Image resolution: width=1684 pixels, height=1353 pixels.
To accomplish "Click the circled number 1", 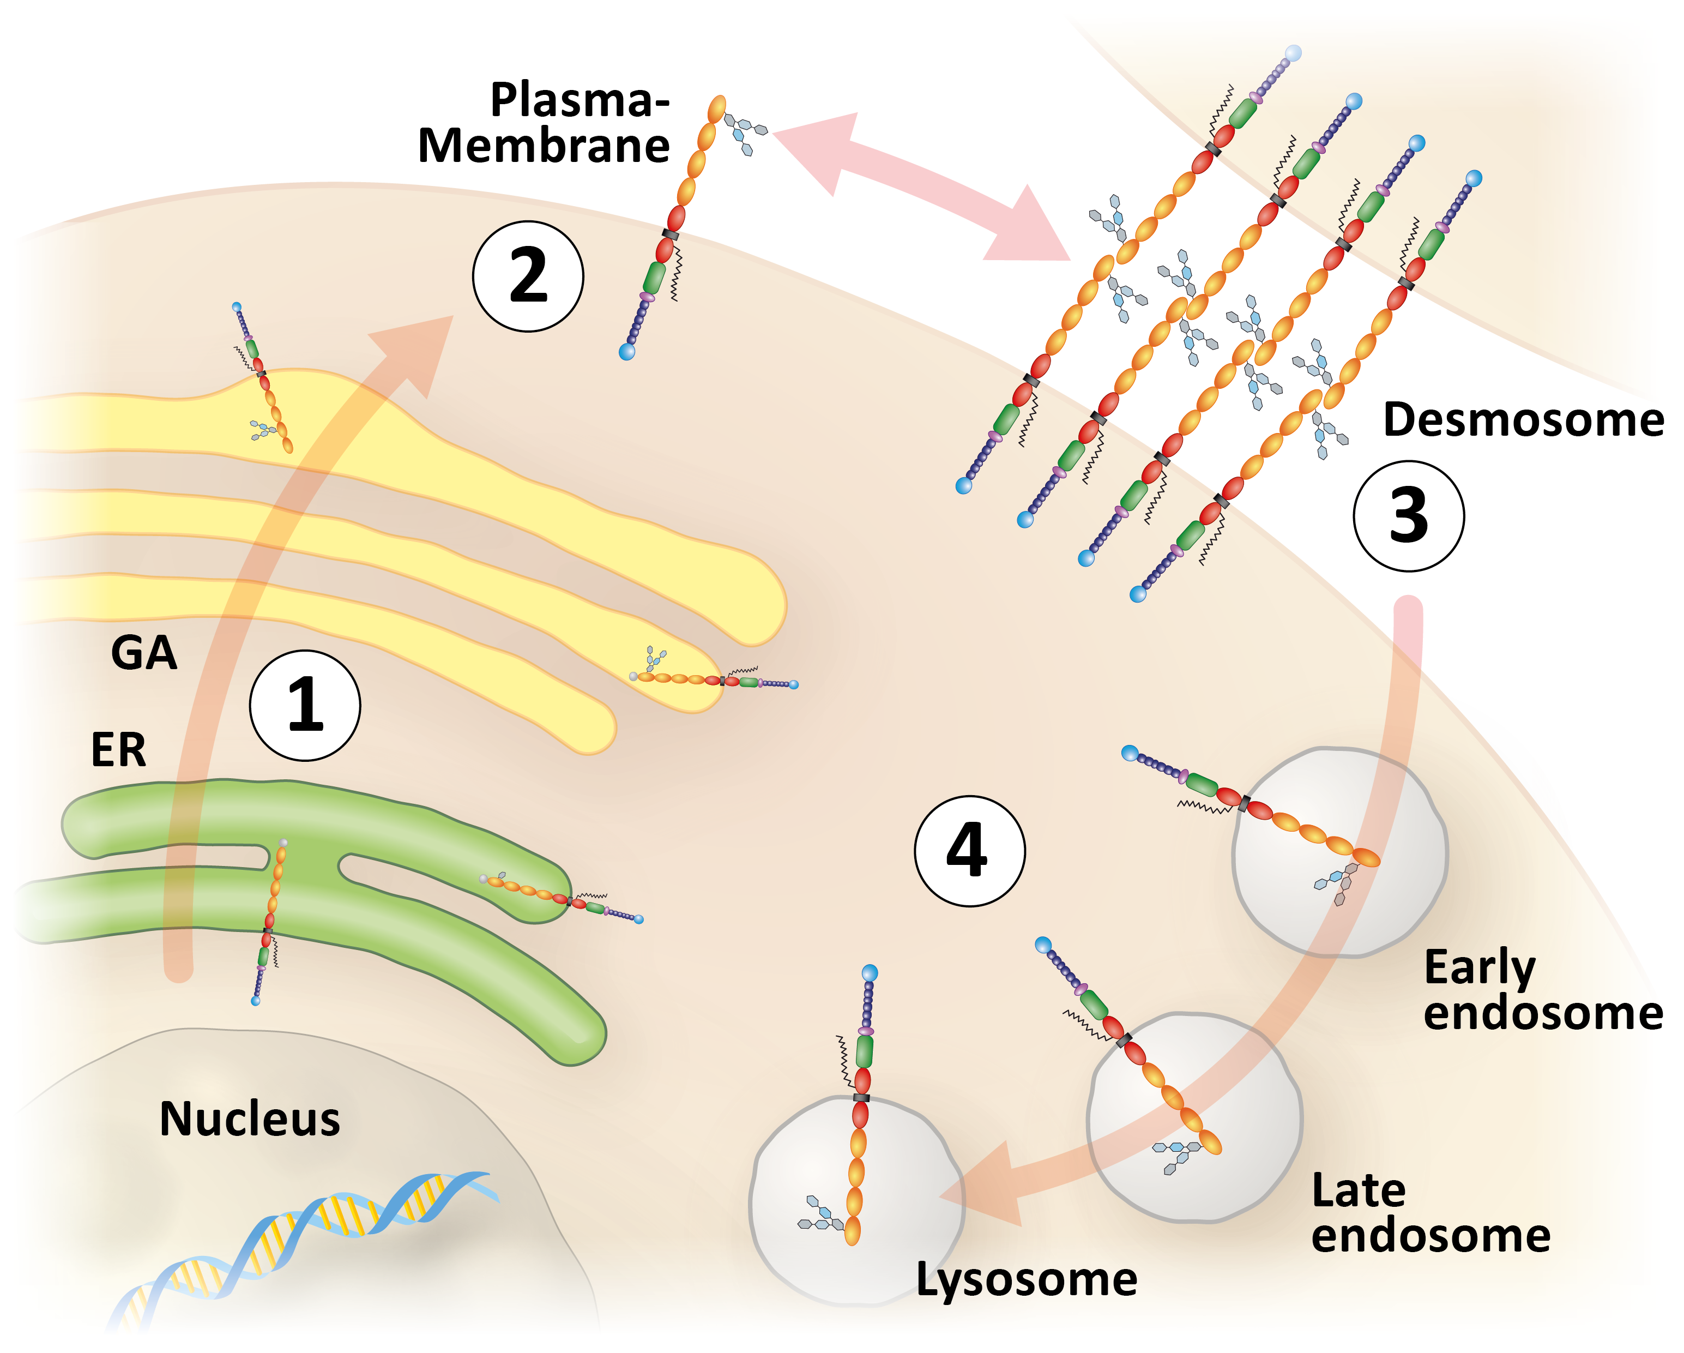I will pos(305,706).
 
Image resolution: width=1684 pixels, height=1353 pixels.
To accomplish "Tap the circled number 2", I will pos(528,276).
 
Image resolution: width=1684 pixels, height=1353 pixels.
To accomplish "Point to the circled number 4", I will pos(969,851).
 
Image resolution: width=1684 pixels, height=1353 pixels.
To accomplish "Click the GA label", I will pos(144,652).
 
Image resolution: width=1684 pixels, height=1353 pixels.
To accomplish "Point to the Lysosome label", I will pos(1025,1279).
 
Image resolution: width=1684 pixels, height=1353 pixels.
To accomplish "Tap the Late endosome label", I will pos(1429,1213).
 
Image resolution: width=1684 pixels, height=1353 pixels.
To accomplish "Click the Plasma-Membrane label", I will pos(545,123).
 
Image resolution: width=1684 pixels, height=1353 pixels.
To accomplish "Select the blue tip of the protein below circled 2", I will pos(626,352).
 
